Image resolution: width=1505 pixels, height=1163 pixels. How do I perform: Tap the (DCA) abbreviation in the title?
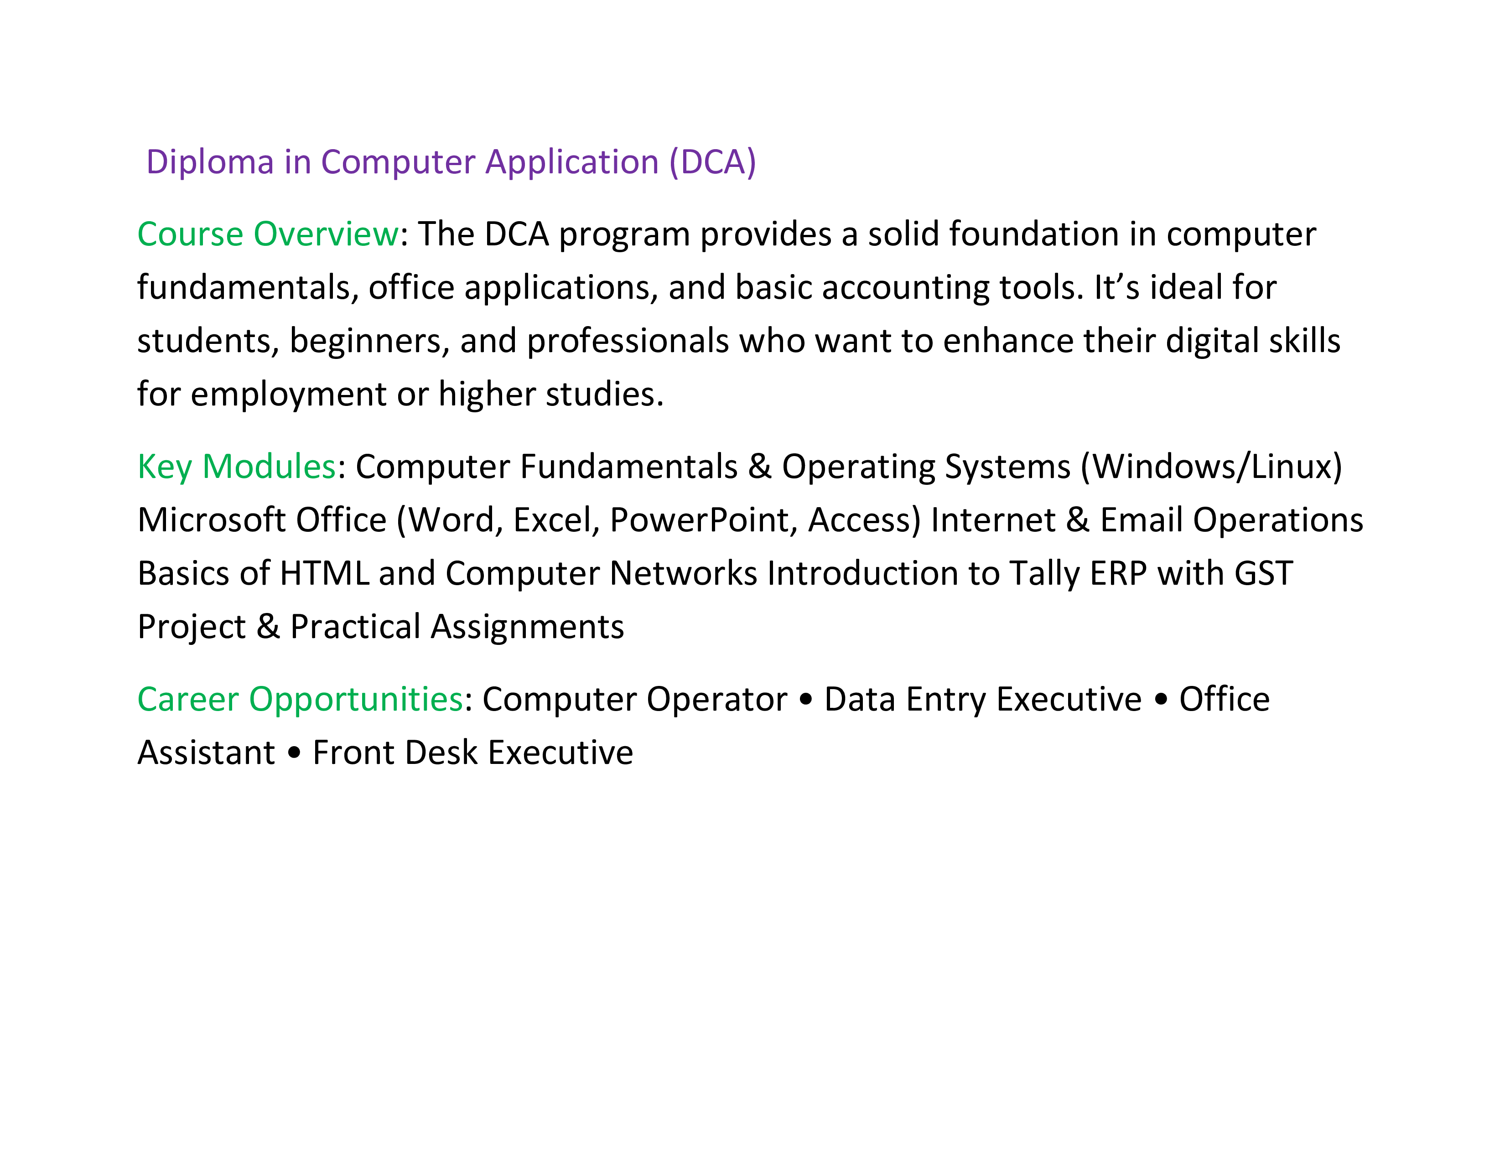click(712, 163)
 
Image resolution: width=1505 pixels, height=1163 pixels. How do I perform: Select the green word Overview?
click(326, 234)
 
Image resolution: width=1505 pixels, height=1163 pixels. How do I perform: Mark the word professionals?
click(628, 342)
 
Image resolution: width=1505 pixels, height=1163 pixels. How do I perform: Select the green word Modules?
click(269, 467)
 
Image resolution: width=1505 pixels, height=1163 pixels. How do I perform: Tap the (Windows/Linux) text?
click(1211, 467)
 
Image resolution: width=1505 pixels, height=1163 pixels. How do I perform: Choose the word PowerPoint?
click(704, 520)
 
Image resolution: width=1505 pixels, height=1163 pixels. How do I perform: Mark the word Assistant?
click(206, 753)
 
